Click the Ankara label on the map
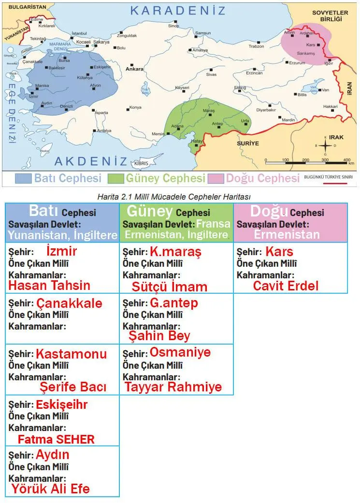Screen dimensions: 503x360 point(134,69)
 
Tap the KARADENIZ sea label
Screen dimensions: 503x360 point(178,10)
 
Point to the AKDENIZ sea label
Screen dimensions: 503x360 point(91,161)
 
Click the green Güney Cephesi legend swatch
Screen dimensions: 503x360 point(116,178)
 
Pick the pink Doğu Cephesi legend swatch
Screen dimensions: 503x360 point(216,178)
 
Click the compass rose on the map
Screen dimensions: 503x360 point(325,145)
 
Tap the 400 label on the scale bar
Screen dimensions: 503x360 point(346,159)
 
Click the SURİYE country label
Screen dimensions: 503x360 point(248,144)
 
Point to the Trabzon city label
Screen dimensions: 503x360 point(256,46)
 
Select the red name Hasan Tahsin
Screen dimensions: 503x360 point(49,285)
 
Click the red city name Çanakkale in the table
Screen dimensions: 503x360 point(69,303)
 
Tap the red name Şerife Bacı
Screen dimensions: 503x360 point(73,387)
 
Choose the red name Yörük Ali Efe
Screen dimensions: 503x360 point(50,489)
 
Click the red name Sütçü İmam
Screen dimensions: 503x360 point(169,287)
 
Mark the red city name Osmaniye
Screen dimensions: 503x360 point(180,352)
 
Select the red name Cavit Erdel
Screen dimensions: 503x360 point(286,286)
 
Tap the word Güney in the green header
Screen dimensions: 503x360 point(149,211)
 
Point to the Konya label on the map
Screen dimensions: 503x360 point(136,107)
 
